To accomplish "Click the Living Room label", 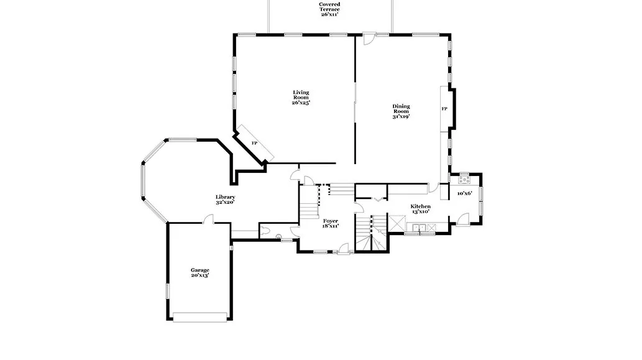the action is (x=301, y=95).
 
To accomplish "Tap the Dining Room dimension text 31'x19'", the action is (x=401, y=116).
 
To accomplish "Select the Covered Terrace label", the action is (x=329, y=7).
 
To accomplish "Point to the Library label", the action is (x=225, y=197).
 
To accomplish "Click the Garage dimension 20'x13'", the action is (x=199, y=275).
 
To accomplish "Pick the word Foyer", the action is (x=331, y=221).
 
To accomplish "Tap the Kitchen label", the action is (x=421, y=206).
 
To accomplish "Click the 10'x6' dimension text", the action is (x=465, y=193).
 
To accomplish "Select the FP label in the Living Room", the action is (x=254, y=143).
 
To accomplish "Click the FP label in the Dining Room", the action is (x=444, y=109).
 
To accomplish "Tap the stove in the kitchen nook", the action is (x=464, y=180).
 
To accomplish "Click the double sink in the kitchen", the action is (x=419, y=228).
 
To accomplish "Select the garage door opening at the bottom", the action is (x=199, y=317).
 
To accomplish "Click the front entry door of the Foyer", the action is (x=343, y=249).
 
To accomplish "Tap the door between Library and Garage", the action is (x=208, y=219).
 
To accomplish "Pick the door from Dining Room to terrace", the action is (x=369, y=39).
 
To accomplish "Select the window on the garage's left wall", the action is (x=167, y=291).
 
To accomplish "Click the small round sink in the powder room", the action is (x=278, y=236).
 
